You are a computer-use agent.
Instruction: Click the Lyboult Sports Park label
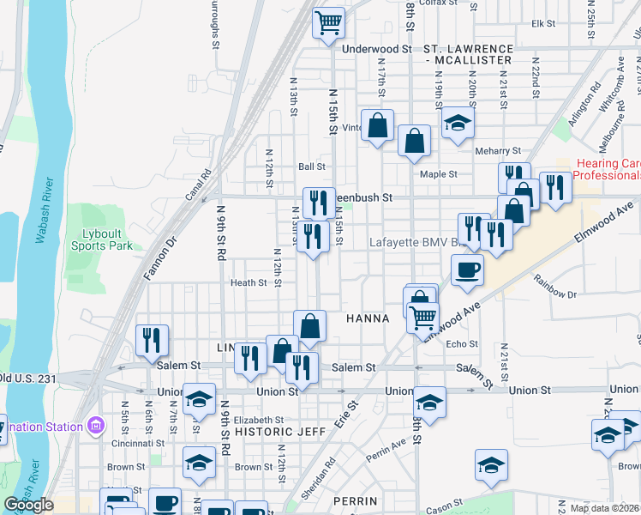(x=107, y=239)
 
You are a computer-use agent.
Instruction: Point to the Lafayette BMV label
(x=411, y=242)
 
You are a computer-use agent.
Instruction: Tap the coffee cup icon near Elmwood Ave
(x=467, y=270)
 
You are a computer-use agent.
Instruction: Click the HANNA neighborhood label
(x=368, y=318)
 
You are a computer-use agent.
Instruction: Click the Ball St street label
(x=312, y=167)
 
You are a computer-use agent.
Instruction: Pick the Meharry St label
(x=498, y=151)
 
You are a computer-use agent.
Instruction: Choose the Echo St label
(x=461, y=344)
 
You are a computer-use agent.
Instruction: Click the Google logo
(x=29, y=505)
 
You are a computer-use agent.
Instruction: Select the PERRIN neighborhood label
(x=356, y=500)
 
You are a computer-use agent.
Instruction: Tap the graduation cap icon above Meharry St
(x=458, y=124)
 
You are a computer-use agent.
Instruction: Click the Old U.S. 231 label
(x=27, y=377)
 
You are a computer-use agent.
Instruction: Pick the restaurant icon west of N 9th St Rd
(x=152, y=340)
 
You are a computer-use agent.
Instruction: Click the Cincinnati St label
(x=137, y=443)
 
